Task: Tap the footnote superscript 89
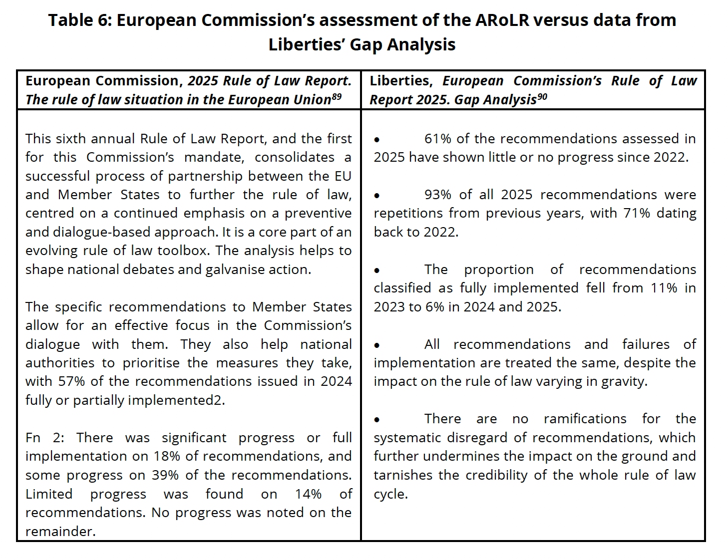pos(336,96)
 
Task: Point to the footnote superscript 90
pos(542,96)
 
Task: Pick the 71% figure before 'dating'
pos(637,213)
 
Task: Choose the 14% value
pos(308,494)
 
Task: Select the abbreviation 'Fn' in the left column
pos(33,438)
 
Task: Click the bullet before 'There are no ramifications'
pos(377,420)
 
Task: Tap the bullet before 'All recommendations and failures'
pos(377,345)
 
